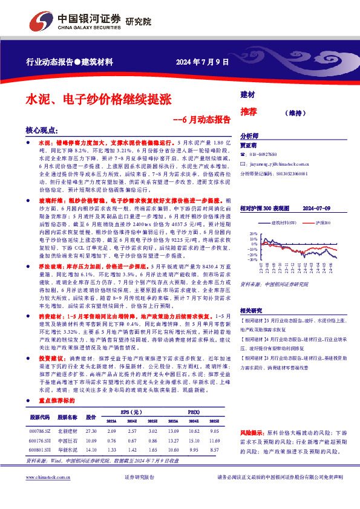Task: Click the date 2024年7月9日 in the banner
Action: click(202, 62)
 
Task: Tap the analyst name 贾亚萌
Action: click(249, 146)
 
